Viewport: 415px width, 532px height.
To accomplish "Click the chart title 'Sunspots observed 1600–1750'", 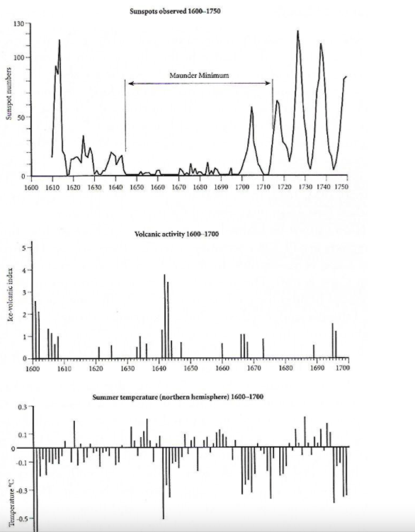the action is click(x=175, y=11).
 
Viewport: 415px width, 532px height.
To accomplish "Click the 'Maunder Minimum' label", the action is click(x=199, y=75).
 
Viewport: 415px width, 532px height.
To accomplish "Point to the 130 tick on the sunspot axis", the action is click(x=19, y=24).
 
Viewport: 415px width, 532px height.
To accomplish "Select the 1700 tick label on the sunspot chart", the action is click(x=242, y=187).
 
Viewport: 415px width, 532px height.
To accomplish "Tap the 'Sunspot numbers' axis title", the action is click(x=8, y=94).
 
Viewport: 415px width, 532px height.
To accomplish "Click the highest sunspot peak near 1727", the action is click(x=297, y=31).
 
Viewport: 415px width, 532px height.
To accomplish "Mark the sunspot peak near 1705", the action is click(x=251, y=107).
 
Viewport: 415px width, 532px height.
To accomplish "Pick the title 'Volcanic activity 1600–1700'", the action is click(x=176, y=234).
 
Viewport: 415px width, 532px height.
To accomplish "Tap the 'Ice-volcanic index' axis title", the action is click(x=11, y=295).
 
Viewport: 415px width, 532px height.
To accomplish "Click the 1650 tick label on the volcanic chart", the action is click(x=191, y=368).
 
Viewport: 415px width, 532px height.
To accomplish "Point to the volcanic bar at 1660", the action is click(x=222, y=351).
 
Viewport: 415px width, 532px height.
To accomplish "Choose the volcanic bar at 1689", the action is click(x=314, y=351).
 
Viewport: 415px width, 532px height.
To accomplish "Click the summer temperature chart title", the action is click(x=178, y=397).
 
